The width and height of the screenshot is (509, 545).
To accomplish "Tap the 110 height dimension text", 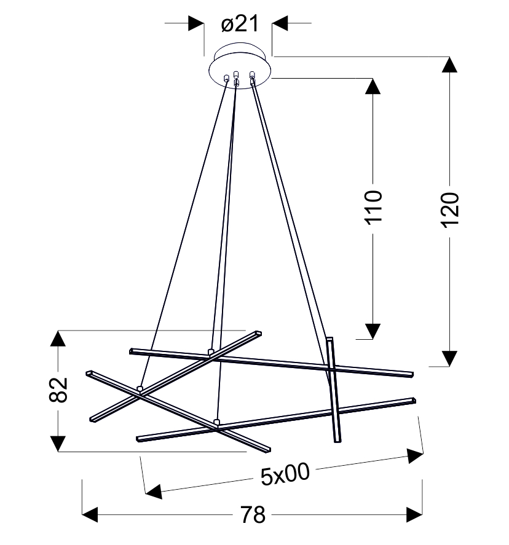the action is click(x=373, y=208).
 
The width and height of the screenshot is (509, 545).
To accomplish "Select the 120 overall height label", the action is click(x=450, y=210).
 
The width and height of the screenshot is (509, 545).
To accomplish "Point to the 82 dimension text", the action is click(x=58, y=390).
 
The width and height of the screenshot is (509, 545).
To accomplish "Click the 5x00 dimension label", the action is click(x=285, y=474).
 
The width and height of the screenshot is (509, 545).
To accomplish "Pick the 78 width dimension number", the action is click(x=253, y=515).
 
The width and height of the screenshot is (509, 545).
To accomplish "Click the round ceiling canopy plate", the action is click(x=240, y=66).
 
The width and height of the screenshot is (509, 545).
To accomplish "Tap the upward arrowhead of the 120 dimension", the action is click(x=449, y=65).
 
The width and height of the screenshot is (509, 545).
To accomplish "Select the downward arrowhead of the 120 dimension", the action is click(x=449, y=358).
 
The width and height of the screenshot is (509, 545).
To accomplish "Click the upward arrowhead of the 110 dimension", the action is click(x=373, y=86).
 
